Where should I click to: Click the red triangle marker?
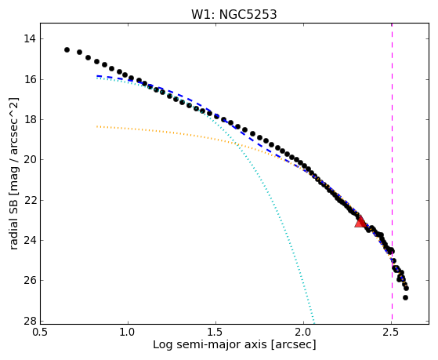tap(360, 221)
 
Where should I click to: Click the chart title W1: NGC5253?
tap(234, 14)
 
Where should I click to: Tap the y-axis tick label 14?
tap(30, 38)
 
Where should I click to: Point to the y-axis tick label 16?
tap(30, 79)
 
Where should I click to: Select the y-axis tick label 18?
tap(30, 120)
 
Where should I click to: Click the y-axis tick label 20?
tap(30, 160)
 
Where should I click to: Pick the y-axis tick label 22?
tap(30, 200)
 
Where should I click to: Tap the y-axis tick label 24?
tap(30, 240)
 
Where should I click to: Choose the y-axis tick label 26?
tap(30, 280)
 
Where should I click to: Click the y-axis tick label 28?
tap(30, 321)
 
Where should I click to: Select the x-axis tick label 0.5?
tap(41, 332)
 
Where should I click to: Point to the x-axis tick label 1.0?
tap(128, 332)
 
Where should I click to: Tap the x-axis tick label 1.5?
tap(216, 332)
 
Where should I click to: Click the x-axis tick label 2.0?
tap(304, 332)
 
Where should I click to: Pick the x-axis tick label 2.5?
tap(392, 332)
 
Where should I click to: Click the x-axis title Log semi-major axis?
tap(210, 344)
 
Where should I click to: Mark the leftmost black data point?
tap(67, 49)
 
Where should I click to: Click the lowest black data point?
tap(405, 297)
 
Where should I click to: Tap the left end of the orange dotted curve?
tap(97, 127)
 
